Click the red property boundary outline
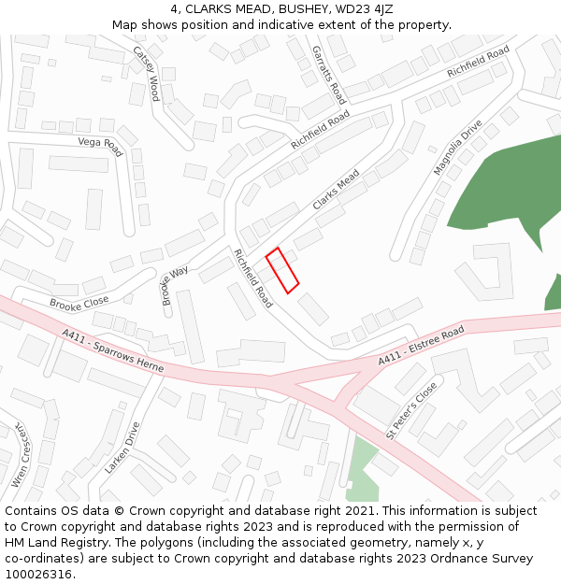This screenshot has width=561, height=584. click(282, 270)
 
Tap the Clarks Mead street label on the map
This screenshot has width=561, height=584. click(336, 190)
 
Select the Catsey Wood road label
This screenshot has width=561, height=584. click(147, 74)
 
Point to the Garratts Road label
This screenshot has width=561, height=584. click(329, 75)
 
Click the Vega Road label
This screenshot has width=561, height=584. click(101, 146)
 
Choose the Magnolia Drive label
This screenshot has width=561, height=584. click(458, 148)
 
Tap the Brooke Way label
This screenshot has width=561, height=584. click(175, 285)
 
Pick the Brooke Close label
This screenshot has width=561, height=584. click(79, 303)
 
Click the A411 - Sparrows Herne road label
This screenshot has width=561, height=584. click(113, 351)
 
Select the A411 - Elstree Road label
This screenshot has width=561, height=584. click(421, 347)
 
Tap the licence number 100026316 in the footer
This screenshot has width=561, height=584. click(39, 574)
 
